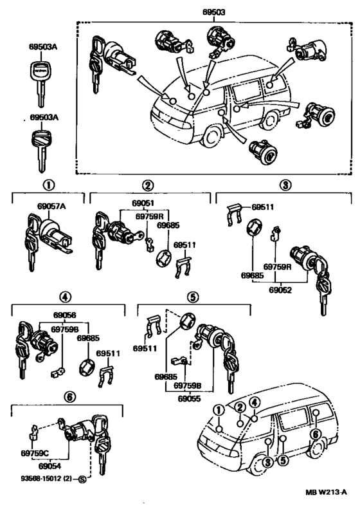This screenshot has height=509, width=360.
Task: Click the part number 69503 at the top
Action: (x=205, y=12)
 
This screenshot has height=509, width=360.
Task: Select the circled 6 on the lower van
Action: (x=315, y=434)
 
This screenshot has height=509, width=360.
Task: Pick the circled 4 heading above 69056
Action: (x=65, y=297)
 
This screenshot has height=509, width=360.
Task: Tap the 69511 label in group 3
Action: (x=262, y=207)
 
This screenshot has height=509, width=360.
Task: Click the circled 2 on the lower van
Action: (x=239, y=407)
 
